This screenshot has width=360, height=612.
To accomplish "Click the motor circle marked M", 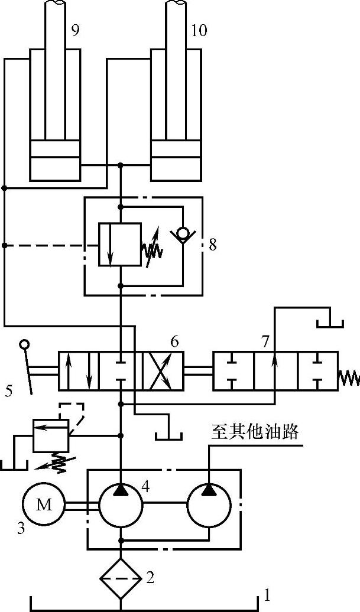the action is [x=44, y=504].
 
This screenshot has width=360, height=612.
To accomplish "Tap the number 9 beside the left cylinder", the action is [x=75, y=31].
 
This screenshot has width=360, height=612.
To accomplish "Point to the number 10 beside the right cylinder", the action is [x=199, y=31].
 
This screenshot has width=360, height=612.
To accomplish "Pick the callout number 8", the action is [x=213, y=245].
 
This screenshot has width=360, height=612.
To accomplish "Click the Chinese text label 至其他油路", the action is [x=255, y=432].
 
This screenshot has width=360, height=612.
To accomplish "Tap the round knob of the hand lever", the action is [x=24, y=343].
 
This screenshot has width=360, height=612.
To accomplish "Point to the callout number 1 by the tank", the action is [x=267, y=595].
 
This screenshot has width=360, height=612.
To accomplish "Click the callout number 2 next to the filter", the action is [x=150, y=577].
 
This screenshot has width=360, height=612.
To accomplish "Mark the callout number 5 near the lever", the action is [x=9, y=390].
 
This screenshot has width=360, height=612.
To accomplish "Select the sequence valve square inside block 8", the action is [x=120, y=245].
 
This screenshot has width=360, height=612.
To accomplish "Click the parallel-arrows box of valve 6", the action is [x=79, y=371].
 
